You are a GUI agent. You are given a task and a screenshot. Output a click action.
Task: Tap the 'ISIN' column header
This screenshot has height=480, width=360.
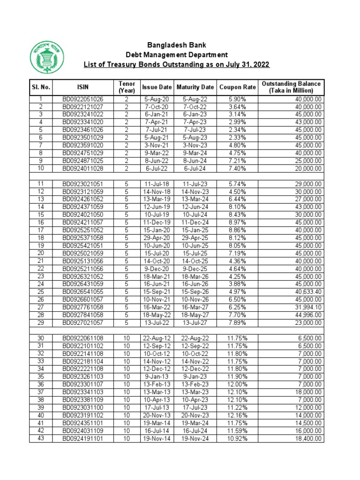point(83,87)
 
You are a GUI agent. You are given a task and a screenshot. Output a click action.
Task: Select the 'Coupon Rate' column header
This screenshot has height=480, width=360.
point(237,87)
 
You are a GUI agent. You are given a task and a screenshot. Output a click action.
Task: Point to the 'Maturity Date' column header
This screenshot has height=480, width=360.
point(195,87)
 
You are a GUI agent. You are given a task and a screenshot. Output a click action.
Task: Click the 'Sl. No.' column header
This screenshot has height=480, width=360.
point(41,87)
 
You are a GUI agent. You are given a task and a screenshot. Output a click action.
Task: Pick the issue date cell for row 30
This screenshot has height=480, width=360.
point(157,339)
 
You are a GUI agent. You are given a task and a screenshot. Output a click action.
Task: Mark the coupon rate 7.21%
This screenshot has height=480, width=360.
point(237,161)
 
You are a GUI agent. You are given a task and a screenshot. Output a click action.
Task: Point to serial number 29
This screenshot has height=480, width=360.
point(40,322)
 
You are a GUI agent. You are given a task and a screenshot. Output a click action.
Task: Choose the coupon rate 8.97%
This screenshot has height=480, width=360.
point(237,223)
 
